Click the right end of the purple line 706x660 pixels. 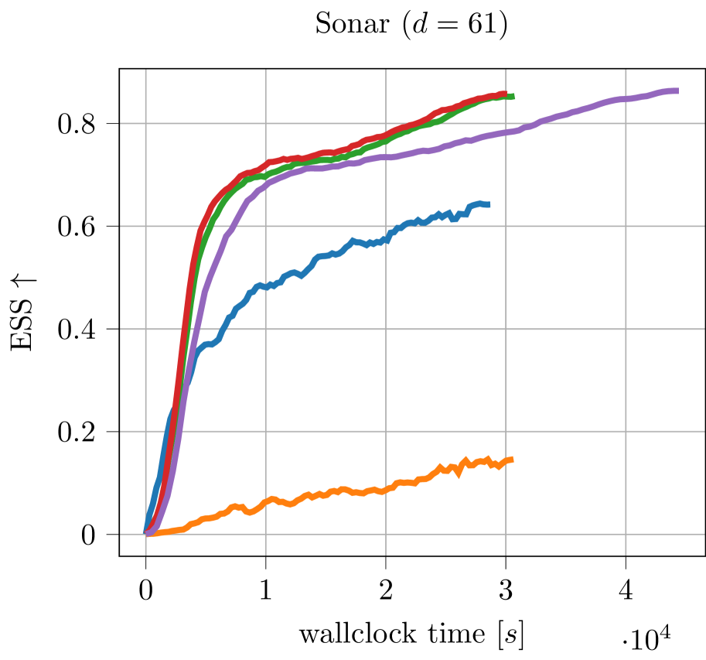[x=678, y=91]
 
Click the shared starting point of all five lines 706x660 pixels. [x=146, y=532]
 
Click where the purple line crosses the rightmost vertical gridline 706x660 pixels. [x=626, y=99]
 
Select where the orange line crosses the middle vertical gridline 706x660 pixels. [x=386, y=490]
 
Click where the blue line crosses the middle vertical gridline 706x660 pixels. [x=386, y=238]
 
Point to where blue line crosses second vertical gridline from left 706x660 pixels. [x=266, y=286]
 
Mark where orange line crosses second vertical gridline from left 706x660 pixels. [x=266, y=501]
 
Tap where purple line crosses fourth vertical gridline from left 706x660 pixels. [x=506, y=132]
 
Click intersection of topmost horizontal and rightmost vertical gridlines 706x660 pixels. [x=626, y=122]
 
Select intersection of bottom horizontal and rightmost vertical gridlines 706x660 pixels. [x=626, y=534]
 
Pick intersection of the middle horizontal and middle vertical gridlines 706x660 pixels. [x=386, y=329]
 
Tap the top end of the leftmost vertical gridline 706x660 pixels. [x=146, y=70]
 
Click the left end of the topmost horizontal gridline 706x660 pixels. [x=121, y=122]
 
